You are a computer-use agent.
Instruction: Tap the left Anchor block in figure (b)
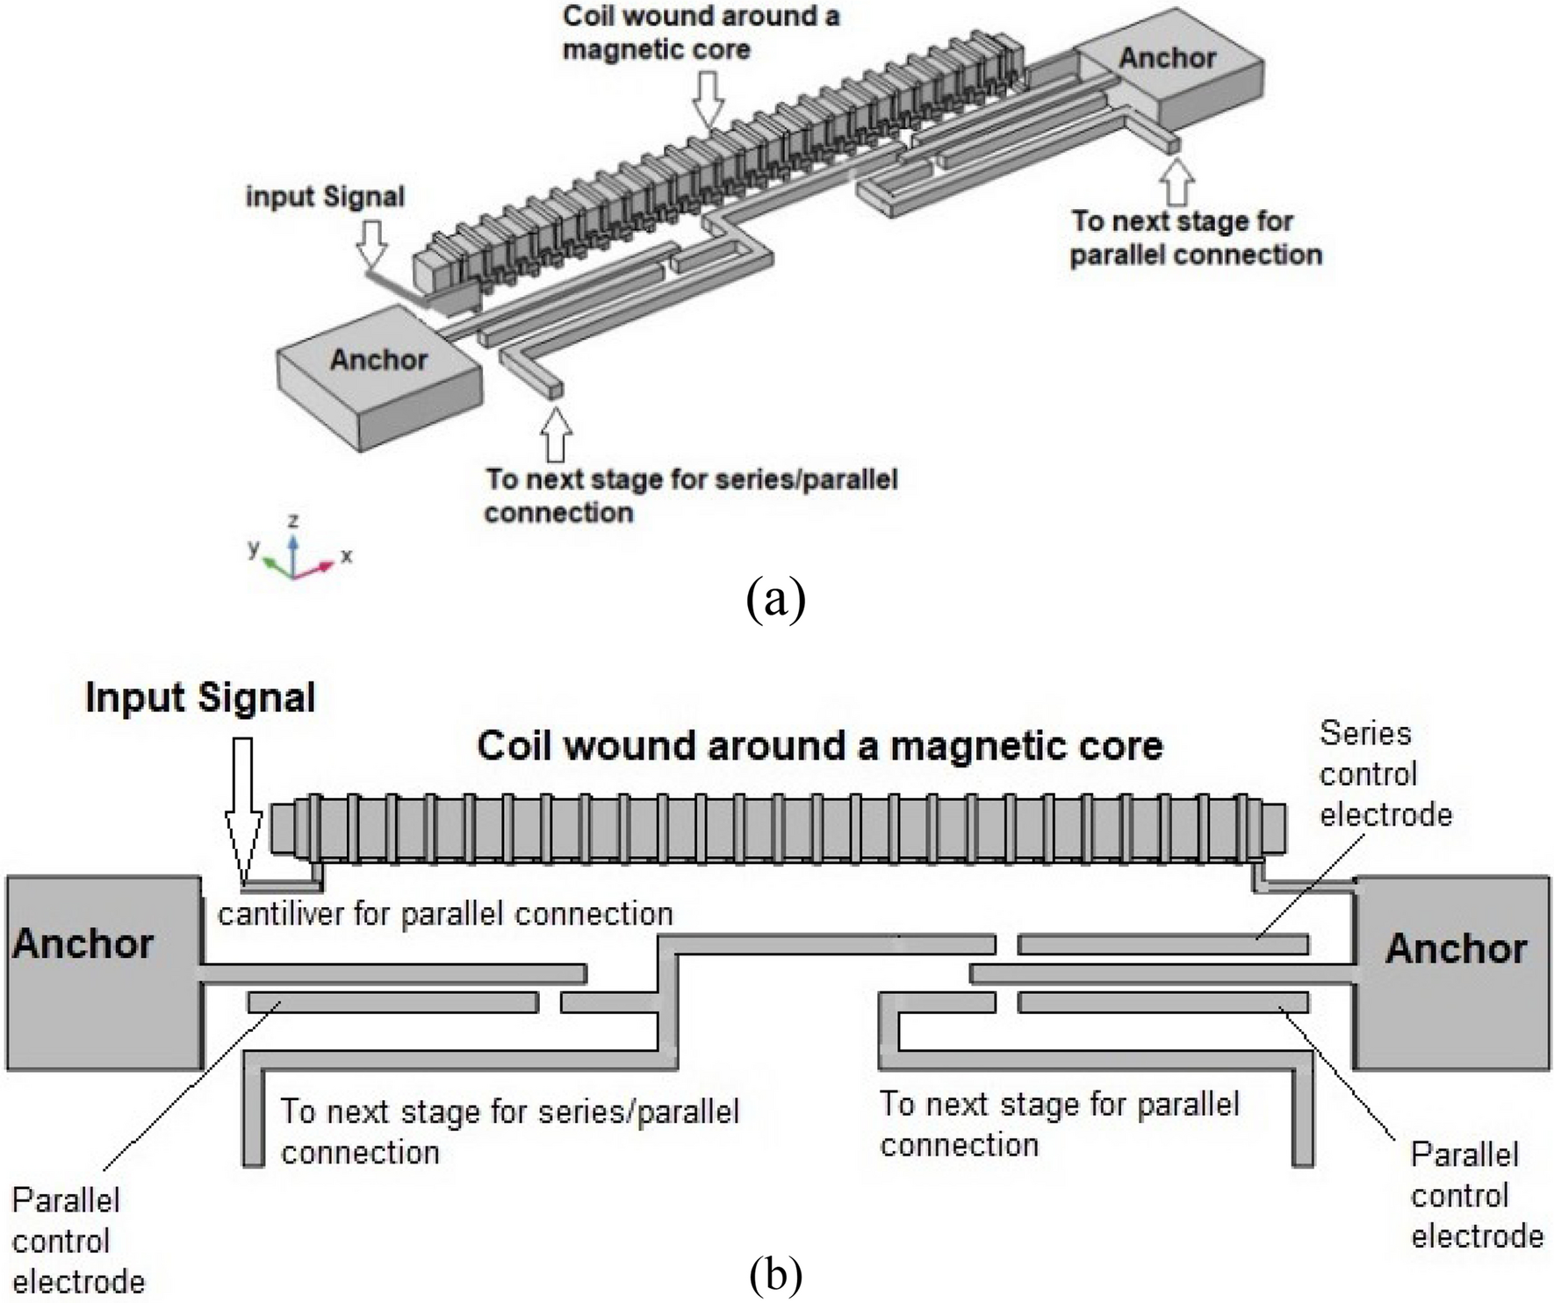click(x=104, y=972)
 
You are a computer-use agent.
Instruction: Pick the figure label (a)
click(x=775, y=601)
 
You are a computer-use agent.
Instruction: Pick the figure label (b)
click(x=775, y=1275)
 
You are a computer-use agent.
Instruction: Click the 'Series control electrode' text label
click(x=1385, y=774)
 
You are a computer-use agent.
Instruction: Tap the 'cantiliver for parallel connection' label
click(x=445, y=914)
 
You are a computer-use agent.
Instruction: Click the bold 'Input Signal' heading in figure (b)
click(x=200, y=698)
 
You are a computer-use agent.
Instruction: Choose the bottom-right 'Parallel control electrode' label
click(x=1477, y=1195)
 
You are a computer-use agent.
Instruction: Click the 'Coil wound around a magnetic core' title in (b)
click(x=819, y=746)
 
